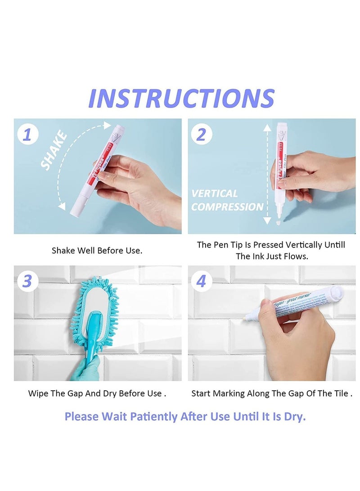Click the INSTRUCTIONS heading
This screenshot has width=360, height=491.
pyautogui.click(x=181, y=98)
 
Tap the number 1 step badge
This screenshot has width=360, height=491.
pyautogui.click(x=27, y=134)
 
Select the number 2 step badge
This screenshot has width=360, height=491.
pyautogui.click(x=201, y=134)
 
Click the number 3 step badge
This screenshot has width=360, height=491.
pyautogui.click(x=27, y=281)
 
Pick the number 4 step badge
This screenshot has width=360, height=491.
pyautogui.click(x=201, y=281)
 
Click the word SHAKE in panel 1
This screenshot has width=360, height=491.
pyautogui.click(x=54, y=151)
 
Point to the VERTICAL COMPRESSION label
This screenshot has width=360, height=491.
pyautogui.click(x=227, y=200)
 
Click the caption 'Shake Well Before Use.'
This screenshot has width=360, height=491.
pyautogui.click(x=97, y=250)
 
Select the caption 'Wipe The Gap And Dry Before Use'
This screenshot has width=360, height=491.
pyautogui.click(x=97, y=393)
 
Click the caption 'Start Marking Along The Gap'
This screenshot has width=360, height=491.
pyautogui.click(x=271, y=393)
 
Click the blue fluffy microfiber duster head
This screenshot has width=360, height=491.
pyautogui.click(x=94, y=311)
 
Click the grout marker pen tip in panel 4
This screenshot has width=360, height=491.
pyautogui.click(x=247, y=318)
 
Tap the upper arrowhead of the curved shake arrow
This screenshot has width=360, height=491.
pyautogui.click(x=107, y=125)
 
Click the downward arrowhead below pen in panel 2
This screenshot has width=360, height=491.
pyautogui.click(x=267, y=221)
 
